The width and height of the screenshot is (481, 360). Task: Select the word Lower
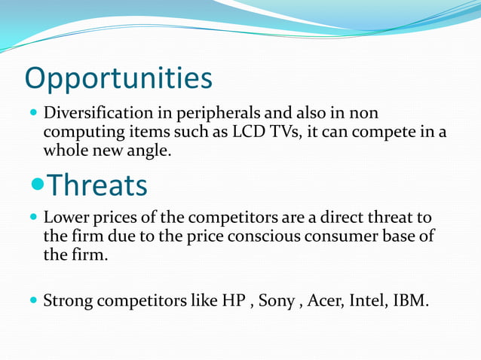click(66, 218)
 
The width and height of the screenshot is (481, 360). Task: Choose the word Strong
click(67, 301)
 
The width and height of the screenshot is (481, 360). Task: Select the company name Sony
click(277, 302)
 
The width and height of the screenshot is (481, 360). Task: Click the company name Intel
click(367, 301)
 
